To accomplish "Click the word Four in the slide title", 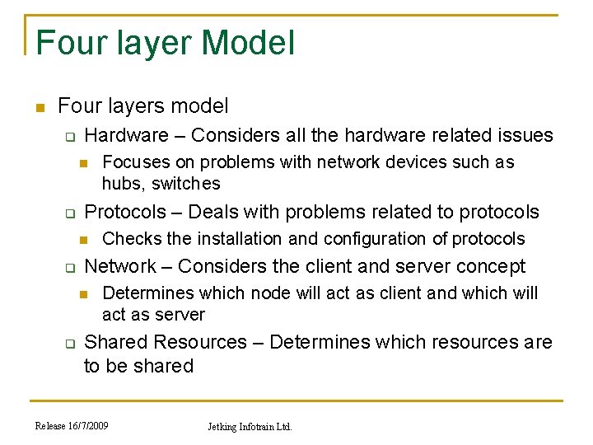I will point(67,43).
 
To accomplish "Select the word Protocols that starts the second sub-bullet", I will point(125,212).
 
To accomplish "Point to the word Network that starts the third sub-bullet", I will point(120,266).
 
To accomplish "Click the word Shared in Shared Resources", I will point(116,342).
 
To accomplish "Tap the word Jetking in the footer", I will point(223,427).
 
